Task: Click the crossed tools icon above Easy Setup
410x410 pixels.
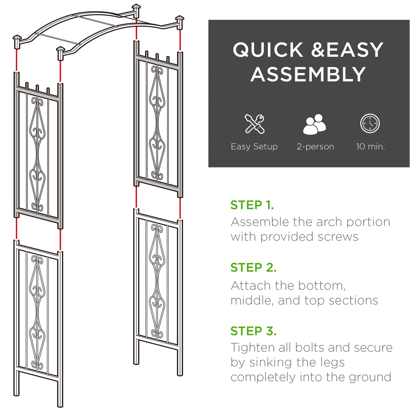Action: (x=255, y=124)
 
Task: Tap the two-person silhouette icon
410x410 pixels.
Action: (x=314, y=124)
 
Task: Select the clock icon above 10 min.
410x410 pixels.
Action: (x=370, y=123)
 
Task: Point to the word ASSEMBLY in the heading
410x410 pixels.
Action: (x=308, y=75)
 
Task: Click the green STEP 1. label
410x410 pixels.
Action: (x=252, y=205)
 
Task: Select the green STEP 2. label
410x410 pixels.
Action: (x=253, y=268)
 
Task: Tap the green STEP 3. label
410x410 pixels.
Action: (x=253, y=331)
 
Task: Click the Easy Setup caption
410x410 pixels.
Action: (x=254, y=147)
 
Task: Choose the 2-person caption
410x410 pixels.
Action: (x=315, y=147)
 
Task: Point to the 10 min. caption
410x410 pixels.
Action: (x=370, y=147)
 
